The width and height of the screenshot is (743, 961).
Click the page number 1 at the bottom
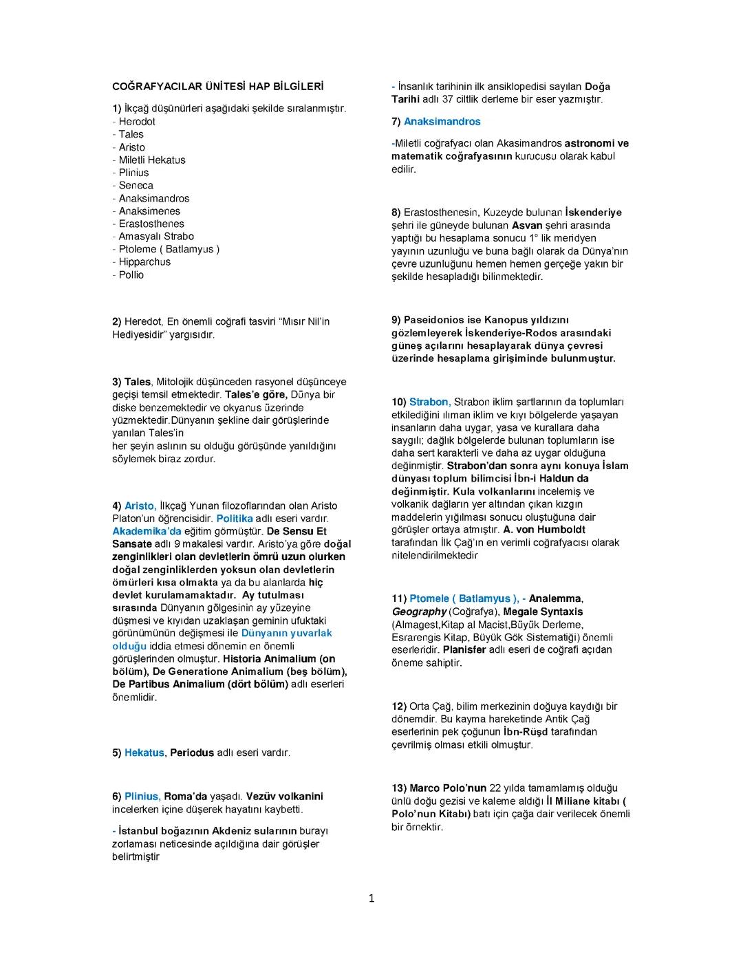click(371, 898)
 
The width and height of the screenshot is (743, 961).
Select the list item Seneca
click(136, 186)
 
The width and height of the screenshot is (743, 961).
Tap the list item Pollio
click(131, 275)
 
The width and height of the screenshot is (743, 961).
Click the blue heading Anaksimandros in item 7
click(442, 122)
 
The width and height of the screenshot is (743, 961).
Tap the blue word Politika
click(235, 519)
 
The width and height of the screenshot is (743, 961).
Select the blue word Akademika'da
click(147, 532)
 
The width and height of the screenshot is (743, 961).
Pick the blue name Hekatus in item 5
click(144, 753)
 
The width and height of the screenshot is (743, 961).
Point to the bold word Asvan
click(527, 226)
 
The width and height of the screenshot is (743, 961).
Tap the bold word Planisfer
click(464, 650)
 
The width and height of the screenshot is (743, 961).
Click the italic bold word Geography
click(419, 612)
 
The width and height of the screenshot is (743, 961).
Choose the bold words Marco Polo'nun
click(448, 788)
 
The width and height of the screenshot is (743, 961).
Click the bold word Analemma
click(555, 599)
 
